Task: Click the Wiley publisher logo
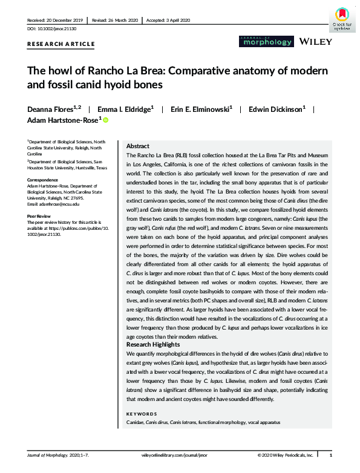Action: [315, 42]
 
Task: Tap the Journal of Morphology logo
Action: [260, 42]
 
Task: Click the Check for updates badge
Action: [341, 18]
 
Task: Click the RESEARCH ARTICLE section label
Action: [61, 44]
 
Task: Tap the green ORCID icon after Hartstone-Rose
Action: [106, 121]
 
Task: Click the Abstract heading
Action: [138, 147]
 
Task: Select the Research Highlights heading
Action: [154, 344]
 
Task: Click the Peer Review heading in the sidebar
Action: [40, 215]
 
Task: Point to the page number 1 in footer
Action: [330, 454]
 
